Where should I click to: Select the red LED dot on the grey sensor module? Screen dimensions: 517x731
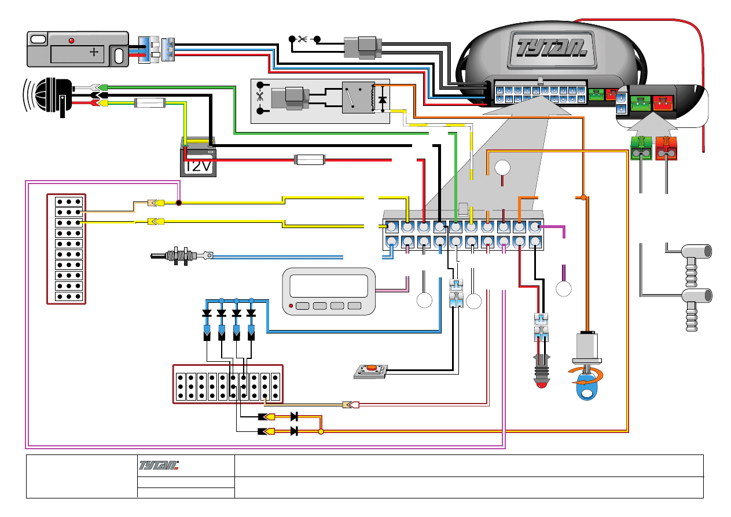pyautogui.click(x=72, y=41)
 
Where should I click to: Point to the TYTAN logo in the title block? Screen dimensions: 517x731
pyautogui.click(x=159, y=465)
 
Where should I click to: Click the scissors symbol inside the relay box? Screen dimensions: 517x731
pyautogui.click(x=259, y=98)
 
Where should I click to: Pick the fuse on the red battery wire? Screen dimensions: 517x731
pyautogui.click(x=310, y=159)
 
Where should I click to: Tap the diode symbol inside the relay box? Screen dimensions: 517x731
pyautogui.click(x=381, y=100)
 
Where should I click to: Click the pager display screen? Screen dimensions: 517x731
pyautogui.click(x=328, y=285)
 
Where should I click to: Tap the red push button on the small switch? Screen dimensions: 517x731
pyautogui.click(x=369, y=368)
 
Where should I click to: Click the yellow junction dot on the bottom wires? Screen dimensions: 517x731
pyautogui.click(x=321, y=431)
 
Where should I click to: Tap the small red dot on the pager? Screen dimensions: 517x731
pyautogui.click(x=291, y=306)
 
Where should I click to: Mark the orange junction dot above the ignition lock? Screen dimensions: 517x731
pyautogui.click(x=583, y=198)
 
